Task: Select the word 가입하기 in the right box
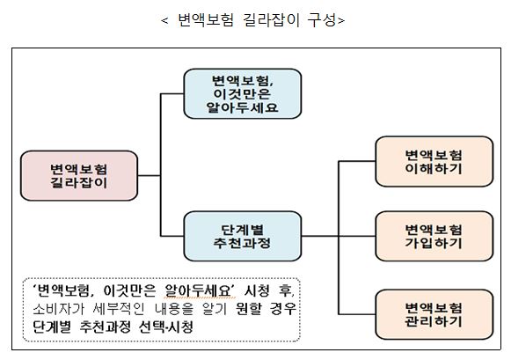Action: click(431, 244)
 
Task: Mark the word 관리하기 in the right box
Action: click(431, 322)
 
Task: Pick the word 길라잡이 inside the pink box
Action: click(80, 183)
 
